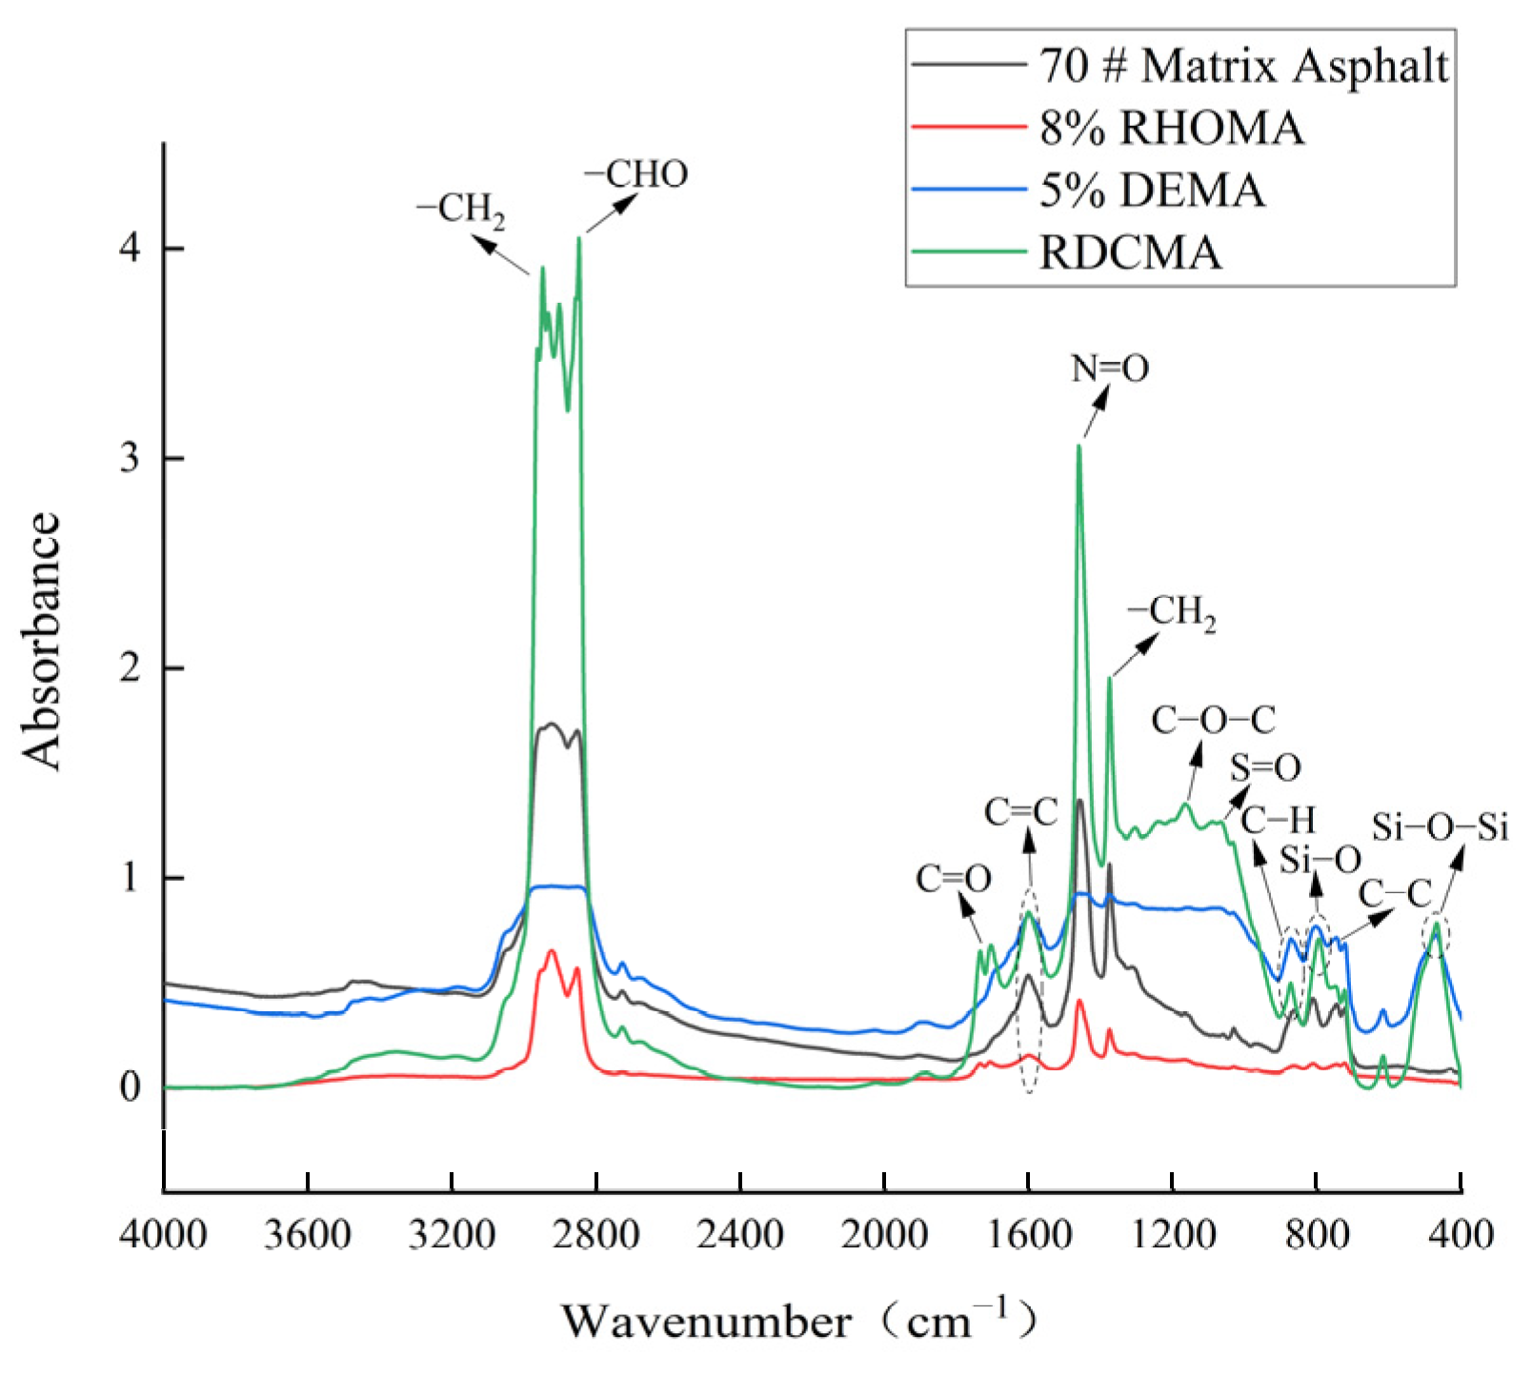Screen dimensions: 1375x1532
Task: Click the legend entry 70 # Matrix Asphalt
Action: [1243, 66]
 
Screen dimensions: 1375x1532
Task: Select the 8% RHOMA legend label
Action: [1171, 128]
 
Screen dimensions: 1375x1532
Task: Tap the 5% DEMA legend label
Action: [1152, 190]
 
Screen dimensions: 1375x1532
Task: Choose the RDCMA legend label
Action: [1130, 253]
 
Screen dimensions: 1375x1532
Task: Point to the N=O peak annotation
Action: [1110, 369]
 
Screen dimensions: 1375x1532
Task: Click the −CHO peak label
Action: [635, 175]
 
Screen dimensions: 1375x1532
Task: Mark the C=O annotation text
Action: [954, 879]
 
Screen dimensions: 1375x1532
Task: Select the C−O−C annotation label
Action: [1213, 721]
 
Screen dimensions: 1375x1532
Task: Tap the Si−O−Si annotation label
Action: [1440, 827]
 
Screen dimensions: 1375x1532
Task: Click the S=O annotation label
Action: [1265, 767]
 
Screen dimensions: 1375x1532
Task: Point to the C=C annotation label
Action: [1021, 812]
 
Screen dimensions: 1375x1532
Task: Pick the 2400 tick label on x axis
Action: [740, 1235]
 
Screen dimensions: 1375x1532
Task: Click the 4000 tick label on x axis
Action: [164, 1235]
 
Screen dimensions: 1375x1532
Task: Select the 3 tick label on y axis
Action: [130, 458]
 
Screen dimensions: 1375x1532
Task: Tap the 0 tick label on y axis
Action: [130, 1086]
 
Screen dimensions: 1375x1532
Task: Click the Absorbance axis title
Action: [42, 640]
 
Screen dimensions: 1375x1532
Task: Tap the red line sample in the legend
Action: [968, 128]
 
